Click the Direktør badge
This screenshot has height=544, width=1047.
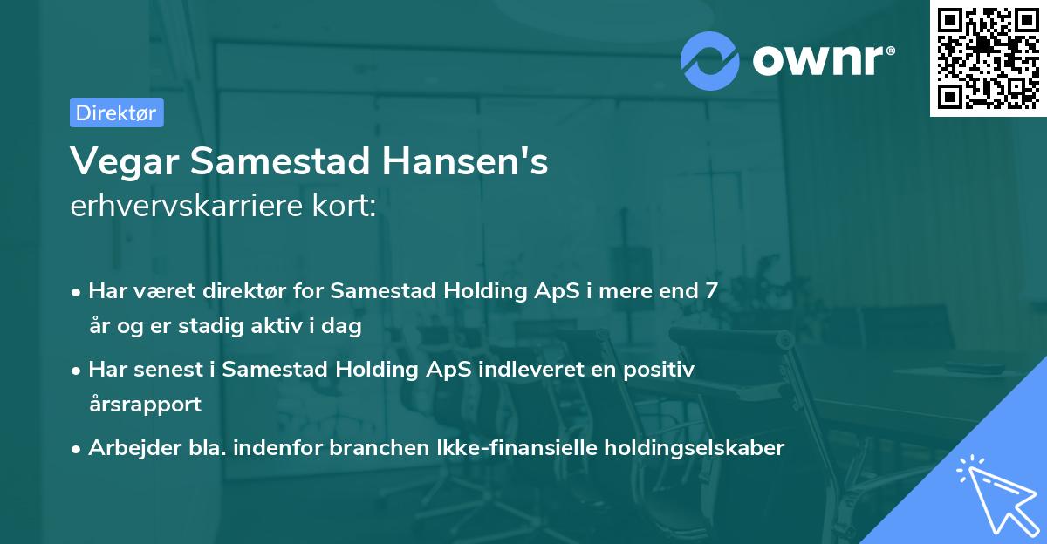tap(116, 112)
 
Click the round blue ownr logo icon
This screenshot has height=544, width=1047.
tap(710, 60)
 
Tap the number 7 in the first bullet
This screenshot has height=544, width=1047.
tap(713, 291)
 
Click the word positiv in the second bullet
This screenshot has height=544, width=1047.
tap(661, 370)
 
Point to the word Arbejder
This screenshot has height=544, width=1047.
tap(127, 448)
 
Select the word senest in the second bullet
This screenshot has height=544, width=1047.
tap(169, 370)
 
